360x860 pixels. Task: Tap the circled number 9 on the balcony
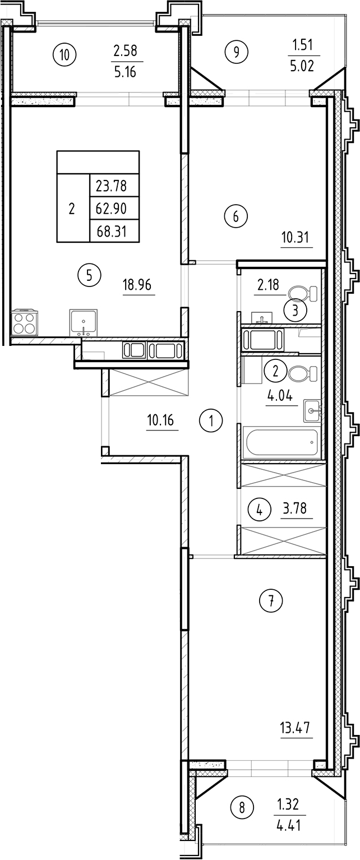click(x=236, y=52)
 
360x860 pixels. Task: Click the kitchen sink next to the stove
click(x=83, y=323)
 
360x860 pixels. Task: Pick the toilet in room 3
click(x=302, y=293)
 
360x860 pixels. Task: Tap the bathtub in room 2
click(x=281, y=442)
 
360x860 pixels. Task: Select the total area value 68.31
click(x=111, y=231)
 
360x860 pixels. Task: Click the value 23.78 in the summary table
click(x=111, y=186)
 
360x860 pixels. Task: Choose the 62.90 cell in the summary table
click(x=111, y=209)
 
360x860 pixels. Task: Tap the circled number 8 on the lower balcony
click(x=242, y=808)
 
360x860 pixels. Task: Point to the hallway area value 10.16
click(x=162, y=420)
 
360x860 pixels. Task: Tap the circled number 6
click(x=236, y=216)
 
